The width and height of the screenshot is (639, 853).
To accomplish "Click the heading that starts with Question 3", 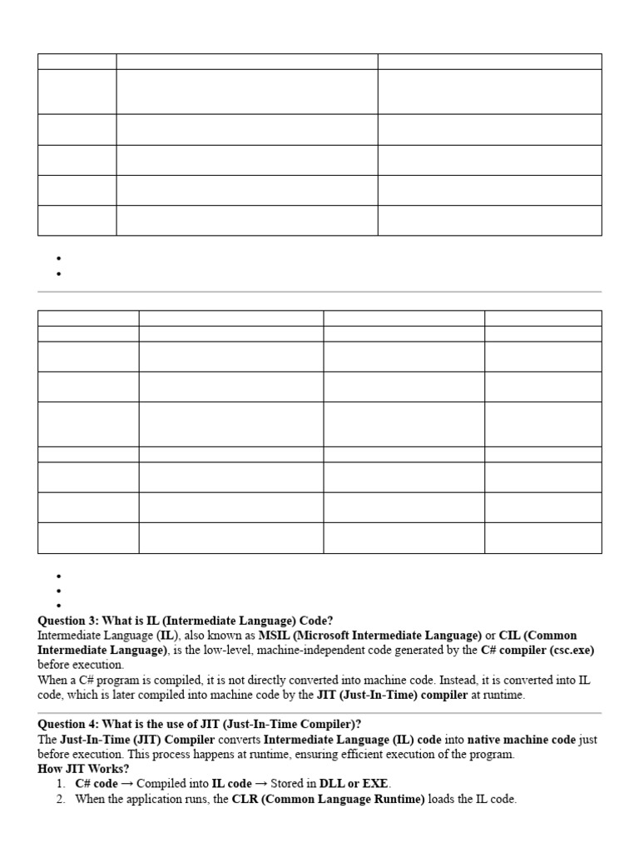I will [x=186, y=621].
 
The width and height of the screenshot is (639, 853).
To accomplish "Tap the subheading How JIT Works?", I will [x=84, y=769].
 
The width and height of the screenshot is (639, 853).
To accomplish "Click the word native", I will [x=488, y=740].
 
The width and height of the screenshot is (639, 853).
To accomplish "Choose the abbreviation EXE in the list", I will [x=376, y=784].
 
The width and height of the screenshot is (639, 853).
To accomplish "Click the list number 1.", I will [x=61, y=784].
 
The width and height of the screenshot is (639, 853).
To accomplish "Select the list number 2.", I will [x=61, y=799].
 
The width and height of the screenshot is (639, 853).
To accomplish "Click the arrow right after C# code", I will [x=126, y=784].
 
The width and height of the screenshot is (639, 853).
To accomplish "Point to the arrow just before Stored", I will [x=262, y=784].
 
